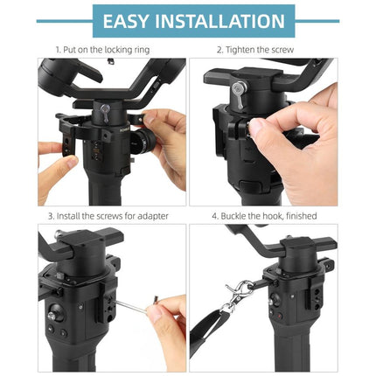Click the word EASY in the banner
pyautogui.click(x=131, y=21)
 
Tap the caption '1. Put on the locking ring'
pyautogui.click(x=102, y=50)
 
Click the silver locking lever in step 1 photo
pyautogui.click(x=104, y=111)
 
